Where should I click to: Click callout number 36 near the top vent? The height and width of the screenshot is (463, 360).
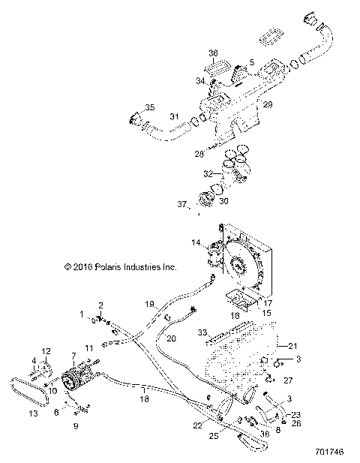(213, 53)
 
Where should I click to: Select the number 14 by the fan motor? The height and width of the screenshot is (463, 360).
(196, 244)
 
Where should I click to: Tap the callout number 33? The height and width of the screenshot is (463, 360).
(202, 332)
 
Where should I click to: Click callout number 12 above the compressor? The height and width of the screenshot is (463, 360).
(45, 351)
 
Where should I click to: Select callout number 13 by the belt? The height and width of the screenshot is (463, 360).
(32, 413)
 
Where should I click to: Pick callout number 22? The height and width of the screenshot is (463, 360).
(196, 425)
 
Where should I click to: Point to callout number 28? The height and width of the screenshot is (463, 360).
(199, 153)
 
